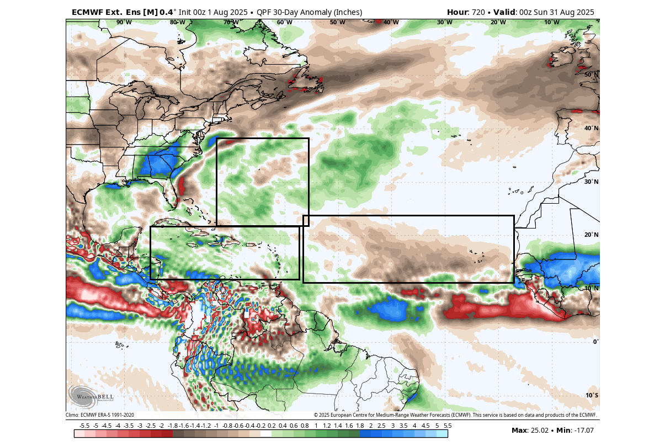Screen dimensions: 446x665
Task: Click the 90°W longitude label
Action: click(x=124, y=22)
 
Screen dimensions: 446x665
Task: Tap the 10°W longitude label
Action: click(x=551, y=22)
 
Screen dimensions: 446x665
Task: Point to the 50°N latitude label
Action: click(x=592, y=75)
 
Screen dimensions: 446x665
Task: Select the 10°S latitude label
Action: click(x=592, y=395)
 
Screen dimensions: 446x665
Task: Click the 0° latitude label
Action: click(x=595, y=342)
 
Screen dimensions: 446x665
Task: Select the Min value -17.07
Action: click(x=583, y=431)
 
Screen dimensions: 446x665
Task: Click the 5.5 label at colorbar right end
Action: click(x=448, y=426)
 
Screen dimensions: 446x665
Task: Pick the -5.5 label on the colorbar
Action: click(x=84, y=426)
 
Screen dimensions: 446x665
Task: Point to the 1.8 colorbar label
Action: click(x=360, y=426)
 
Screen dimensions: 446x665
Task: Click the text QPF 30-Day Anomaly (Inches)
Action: click(x=309, y=12)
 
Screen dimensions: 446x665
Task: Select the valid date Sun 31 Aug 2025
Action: click(x=561, y=12)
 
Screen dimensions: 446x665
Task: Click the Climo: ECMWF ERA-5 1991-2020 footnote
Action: click(x=100, y=415)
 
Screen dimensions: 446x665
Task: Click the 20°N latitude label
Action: click(x=592, y=235)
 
